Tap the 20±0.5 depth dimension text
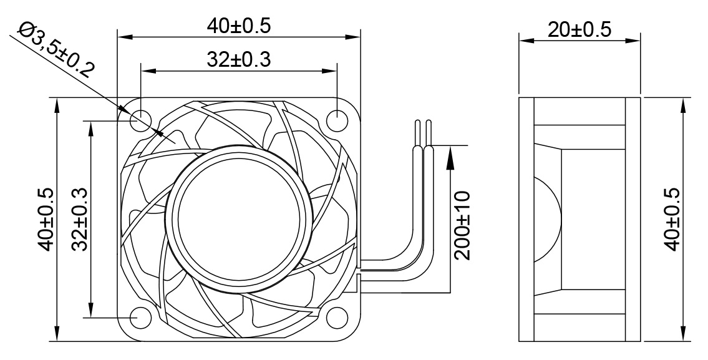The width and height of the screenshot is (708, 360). click(x=579, y=29)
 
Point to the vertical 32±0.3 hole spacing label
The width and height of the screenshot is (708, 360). click(x=79, y=220)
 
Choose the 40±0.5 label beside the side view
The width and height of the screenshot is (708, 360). click(x=672, y=219)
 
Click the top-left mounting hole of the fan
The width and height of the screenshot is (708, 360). click(x=140, y=119)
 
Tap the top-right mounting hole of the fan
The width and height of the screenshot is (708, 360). click(x=337, y=119)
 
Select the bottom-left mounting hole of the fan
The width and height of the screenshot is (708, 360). click(x=140, y=317)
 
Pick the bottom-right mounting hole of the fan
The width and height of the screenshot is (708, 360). click(x=337, y=317)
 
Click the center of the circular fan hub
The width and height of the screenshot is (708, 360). click(x=240, y=218)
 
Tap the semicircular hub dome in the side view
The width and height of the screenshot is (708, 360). click(x=546, y=220)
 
